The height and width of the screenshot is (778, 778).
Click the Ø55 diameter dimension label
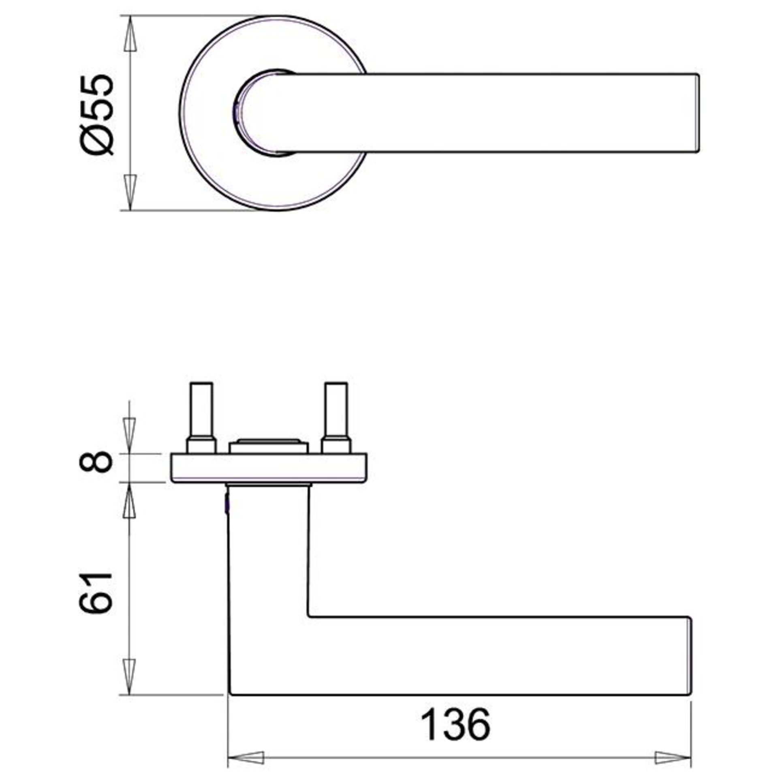[x=98, y=115]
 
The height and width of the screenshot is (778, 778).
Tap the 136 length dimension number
[x=456, y=690]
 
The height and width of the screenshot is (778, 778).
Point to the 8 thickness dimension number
[x=96, y=462]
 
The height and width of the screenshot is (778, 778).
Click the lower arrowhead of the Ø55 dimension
[x=130, y=193]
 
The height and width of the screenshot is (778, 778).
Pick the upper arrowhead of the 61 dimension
[x=129, y=500]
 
